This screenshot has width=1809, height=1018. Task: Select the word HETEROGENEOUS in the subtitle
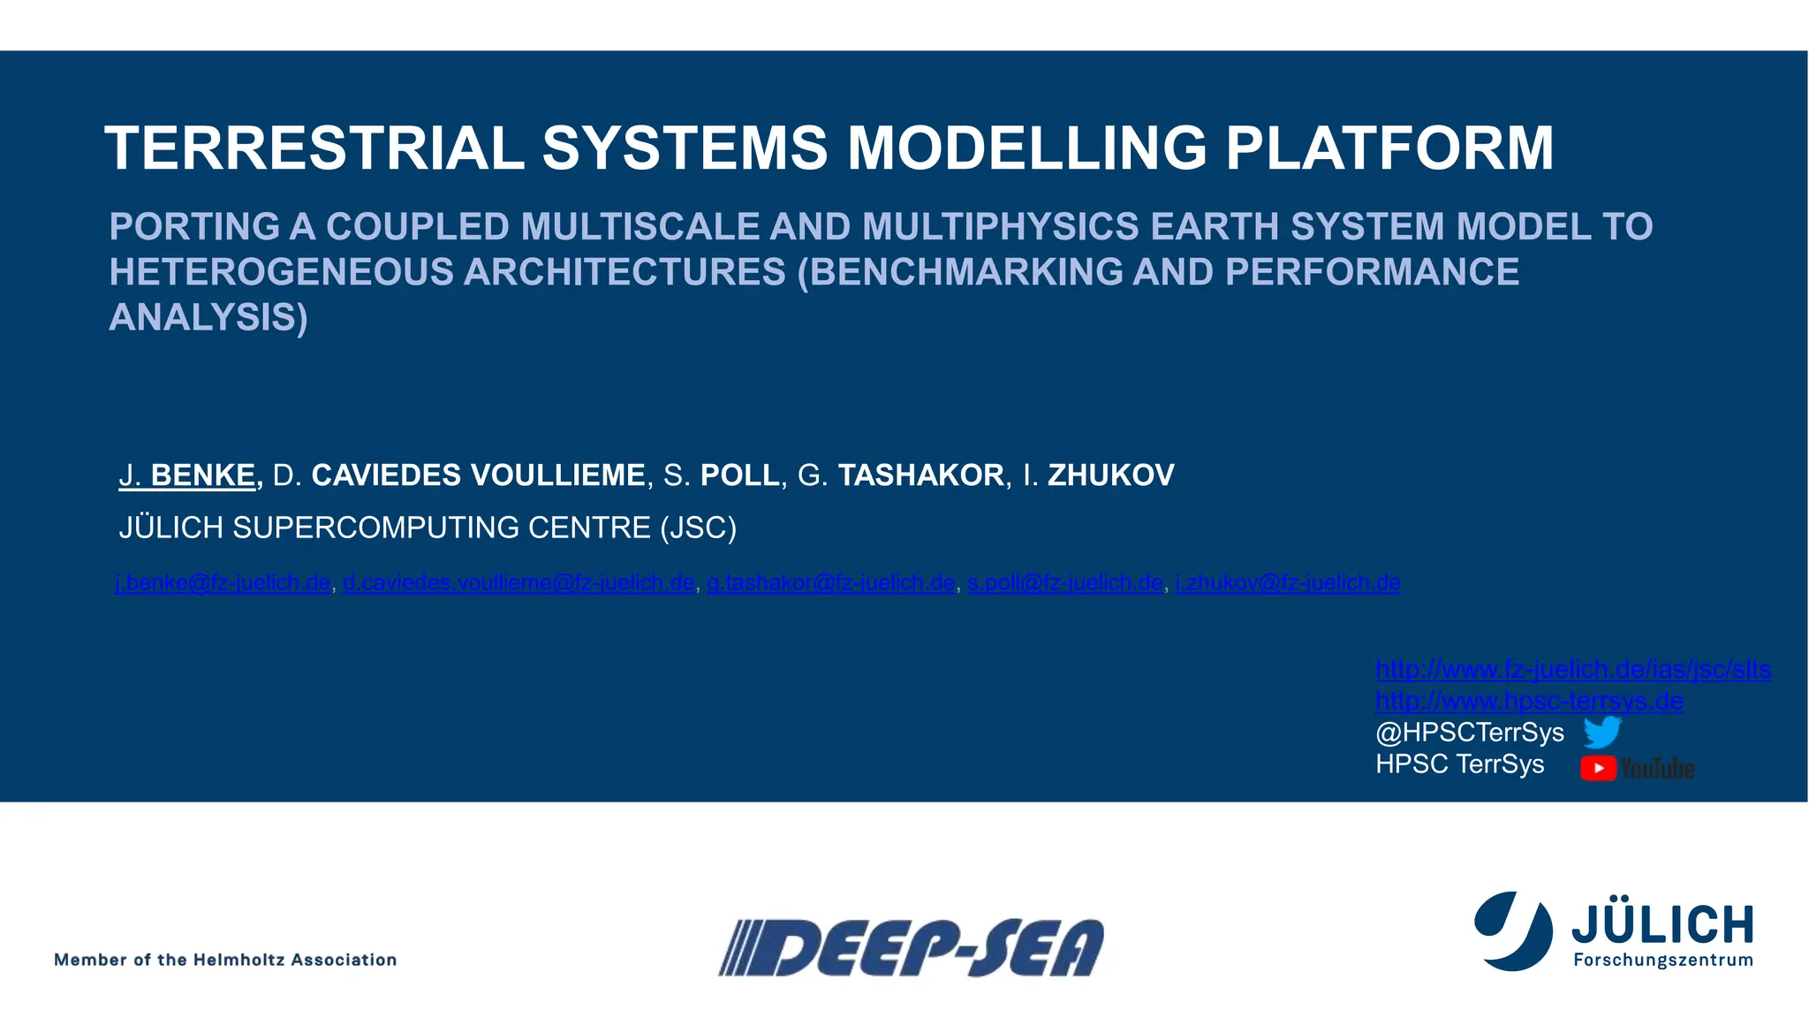(x=281, y=272)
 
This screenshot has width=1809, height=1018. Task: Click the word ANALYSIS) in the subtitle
(x=208, y=317)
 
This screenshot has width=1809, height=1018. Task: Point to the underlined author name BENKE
(x=203, y=475)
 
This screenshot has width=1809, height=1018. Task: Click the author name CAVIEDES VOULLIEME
(x=478, y=475)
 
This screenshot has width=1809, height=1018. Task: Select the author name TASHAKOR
(x=920, y=475)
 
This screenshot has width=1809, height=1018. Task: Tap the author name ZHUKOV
(x=1110, y=475)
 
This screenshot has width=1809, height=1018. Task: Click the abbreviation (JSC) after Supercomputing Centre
(x=698, y=528)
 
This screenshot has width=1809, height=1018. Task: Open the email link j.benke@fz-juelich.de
(x=223, y=583)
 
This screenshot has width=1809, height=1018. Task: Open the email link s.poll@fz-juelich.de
(x=1065, y=583)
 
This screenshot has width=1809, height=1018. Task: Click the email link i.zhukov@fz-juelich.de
(x=1288, y=583)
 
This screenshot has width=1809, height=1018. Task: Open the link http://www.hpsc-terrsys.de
(x=1529, y=702)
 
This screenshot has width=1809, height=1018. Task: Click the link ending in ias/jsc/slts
(x=1573, y=670)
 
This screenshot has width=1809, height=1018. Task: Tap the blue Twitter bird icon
(x=1601, y=733)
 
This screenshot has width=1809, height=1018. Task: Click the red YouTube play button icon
(x=1598, y=768)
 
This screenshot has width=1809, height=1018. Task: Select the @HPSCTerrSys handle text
(x=1469, y=733)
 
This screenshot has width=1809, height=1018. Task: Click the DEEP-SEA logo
(x=912, y=947)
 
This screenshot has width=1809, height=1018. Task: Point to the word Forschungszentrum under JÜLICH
(x=1662, y=961)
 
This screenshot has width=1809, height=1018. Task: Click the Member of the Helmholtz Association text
(x=225, y=960)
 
